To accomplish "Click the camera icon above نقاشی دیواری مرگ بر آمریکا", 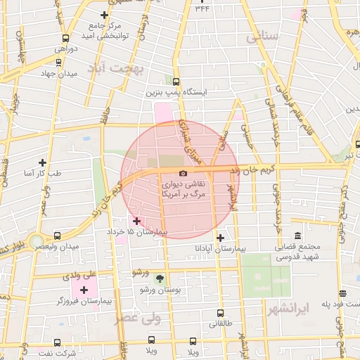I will (183, 173).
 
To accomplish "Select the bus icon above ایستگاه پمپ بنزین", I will (176, 82).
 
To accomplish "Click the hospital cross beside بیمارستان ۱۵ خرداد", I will (136, 221).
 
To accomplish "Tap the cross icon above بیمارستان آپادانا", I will (220, 238).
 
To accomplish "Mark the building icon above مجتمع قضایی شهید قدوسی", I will (297, 236).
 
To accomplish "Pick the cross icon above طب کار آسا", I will (42, 162).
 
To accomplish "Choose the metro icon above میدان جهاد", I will (58, 62).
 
